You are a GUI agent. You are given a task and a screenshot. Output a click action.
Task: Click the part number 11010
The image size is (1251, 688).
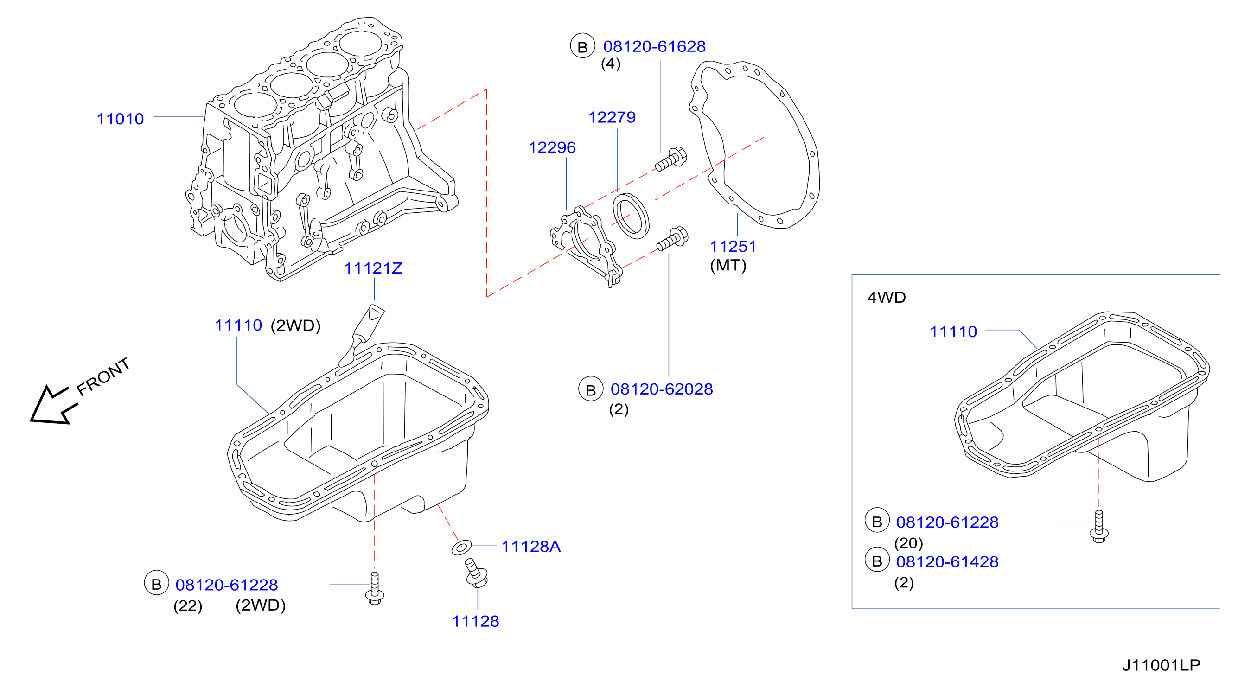pyautogui.click(x=120, y=119)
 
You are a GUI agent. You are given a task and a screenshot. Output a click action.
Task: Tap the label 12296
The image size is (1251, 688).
pyautogui.click(x=552, y=147)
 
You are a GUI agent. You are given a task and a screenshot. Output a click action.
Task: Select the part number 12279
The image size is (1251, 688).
pyautogui.click(x=612, y=117)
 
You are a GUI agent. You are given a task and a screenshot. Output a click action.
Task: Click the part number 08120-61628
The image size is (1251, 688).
pyautogui.click(x=654, y=47)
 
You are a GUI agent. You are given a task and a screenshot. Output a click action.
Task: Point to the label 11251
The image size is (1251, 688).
pyautogui.click(x=733, y=247)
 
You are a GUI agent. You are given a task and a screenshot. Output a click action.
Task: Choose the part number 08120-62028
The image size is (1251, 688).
pyautogui.click(x=662, y=389)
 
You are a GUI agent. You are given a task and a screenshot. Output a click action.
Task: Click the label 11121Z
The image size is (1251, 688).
pyautogui.click(x=373, y=268)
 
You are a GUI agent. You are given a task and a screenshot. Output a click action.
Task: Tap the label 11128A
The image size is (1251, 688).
pyautogui.click(x=531, y=547)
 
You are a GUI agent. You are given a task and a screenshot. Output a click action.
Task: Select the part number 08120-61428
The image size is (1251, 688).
pyautogui.click(x=947, y=562)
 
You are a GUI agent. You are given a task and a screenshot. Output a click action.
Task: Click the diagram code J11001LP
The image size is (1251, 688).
pyautogui.click(x=1161, y=665)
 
